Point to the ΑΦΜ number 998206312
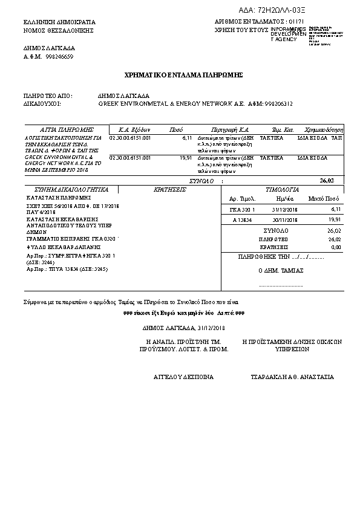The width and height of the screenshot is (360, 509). tap(275, 103)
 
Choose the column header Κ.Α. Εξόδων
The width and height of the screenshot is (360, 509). tap(134, 129)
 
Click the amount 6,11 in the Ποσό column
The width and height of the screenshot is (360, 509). tap(186, 138)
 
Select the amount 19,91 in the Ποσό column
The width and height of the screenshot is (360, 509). tap(186, 157)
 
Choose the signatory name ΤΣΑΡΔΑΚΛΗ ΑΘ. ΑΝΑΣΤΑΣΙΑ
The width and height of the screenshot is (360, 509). tap(292, 377)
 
